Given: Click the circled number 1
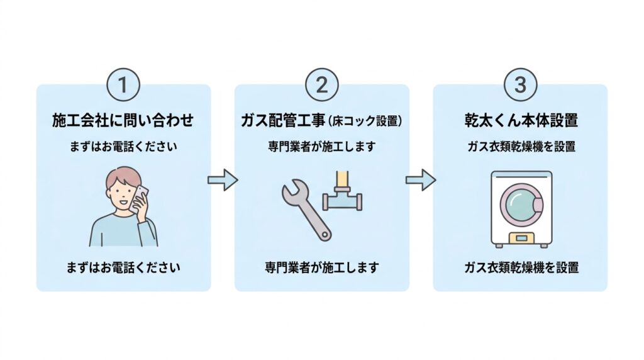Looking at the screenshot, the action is click(123, 85).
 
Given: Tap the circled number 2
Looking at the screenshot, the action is click(321, 85).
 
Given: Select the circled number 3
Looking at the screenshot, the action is click(520, 85).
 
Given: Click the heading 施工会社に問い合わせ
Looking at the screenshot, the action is click(123, 120).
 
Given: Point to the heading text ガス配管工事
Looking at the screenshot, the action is click(284, 120).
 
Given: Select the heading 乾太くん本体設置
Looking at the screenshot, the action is click(521, 120).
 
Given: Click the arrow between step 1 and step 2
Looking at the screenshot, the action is click(223, 180).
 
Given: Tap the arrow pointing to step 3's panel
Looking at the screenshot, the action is click(421, 180).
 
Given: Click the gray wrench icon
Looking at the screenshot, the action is click(306, 210).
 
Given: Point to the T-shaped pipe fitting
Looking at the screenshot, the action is click(342, 193).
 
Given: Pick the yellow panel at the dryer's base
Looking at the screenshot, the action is click(521, 238).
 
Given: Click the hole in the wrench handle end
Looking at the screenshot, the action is click(325, 235).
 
